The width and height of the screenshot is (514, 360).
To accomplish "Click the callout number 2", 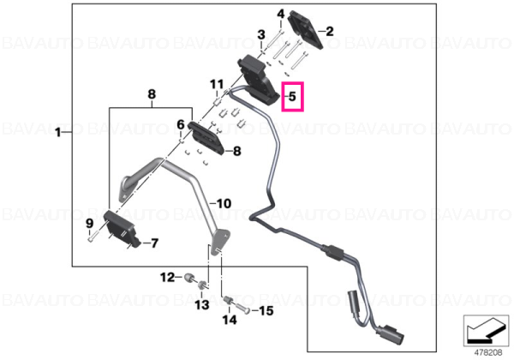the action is click(x=330, y=31).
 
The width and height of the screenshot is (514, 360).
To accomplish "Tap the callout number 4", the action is click(x=281, y=14).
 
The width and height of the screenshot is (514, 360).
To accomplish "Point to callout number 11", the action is click(x=217, y=84).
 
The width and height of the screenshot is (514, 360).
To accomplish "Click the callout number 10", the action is click(x=224, y=204).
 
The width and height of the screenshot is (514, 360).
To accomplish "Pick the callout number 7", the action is click(x=154, y=243).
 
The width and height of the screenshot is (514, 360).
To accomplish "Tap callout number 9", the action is click(x=89, y=224).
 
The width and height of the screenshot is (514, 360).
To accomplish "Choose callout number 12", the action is click(x=167, y=278).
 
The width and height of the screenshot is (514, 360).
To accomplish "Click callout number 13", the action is click(x=202, y=304).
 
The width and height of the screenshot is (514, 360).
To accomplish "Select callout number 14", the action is click(x=230, y=320).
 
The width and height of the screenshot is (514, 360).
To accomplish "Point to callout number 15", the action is click(x=266, y=310).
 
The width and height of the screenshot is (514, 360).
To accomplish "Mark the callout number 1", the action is click(x=58, y=133).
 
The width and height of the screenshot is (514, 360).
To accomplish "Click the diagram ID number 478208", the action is click(x=488, y=353).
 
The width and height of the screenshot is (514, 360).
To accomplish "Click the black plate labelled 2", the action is click(x=305, y=29).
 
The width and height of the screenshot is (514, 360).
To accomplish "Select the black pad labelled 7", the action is click(x=122, y=230).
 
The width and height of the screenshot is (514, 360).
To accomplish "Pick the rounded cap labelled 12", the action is click(x=188, y=278).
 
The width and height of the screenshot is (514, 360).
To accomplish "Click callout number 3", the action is click(x=261, y=34).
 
